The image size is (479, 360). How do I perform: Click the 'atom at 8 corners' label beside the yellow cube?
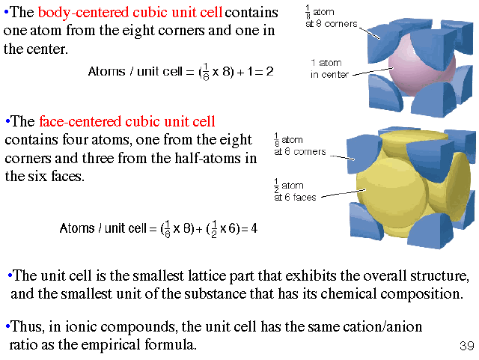click(299, 145)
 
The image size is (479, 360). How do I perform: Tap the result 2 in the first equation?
click(270, 72)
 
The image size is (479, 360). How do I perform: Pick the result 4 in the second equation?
click(254, 228)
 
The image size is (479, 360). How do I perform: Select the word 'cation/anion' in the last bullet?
click(378, 327)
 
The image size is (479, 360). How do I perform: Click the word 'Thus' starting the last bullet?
click(23, 327)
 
